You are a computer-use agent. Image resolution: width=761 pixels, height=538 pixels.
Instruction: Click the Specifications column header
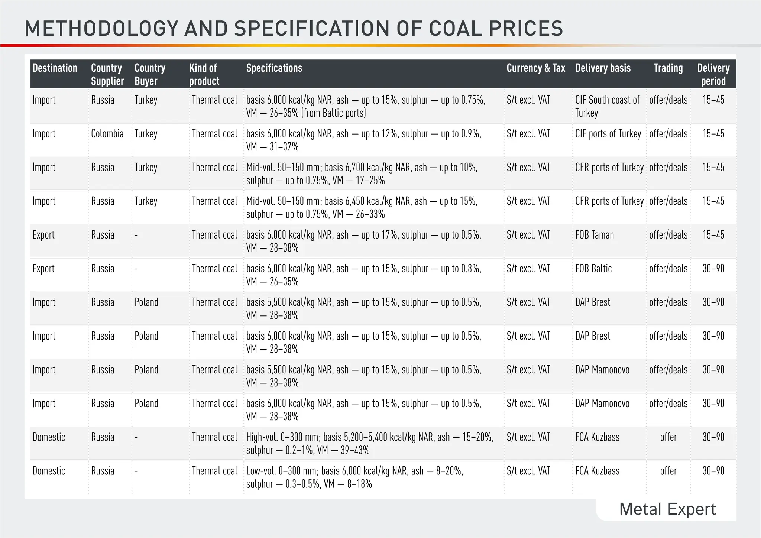pyautogui.click(x=274, y=68)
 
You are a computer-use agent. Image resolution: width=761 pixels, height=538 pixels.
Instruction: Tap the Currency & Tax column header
pyautogui.click(x=535, y=68)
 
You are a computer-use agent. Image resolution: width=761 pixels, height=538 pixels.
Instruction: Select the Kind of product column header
pyautogui.click(x=204, y=74)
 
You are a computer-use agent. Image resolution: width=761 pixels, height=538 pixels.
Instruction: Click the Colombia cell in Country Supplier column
pyautogui.click(x=107, y=134)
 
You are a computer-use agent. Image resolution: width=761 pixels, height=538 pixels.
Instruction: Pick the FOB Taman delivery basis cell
pyautogui.click(x=595, y=235)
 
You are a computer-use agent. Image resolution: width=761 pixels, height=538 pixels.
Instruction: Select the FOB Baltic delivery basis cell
pyautogui.click(x=593, y=269)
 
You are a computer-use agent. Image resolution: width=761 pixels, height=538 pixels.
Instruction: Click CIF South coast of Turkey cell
pyautogui.click(x=607, y=106)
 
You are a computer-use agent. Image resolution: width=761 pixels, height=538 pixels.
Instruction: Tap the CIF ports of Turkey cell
pyautogui.click(x=608, y=134)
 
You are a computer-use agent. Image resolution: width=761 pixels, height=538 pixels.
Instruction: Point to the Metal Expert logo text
pyautogui.click(x=667, y=509)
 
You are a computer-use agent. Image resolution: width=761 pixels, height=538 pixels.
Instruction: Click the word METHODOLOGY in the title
pyautogui.click(x=100, y=29)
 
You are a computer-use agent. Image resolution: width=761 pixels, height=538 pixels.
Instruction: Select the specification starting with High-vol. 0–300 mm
pyautogui.click(x=370, y=444)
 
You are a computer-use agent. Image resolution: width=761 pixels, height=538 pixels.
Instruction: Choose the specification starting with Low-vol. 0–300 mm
pyautogui.click(x=354, y=477)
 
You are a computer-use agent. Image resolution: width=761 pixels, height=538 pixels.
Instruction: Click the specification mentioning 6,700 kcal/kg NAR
pyautogui.click(x=362, y=174)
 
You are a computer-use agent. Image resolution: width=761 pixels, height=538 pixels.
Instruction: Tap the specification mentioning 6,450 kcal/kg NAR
pyautogui.click(x=362, y=208)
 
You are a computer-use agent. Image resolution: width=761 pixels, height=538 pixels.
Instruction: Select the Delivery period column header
pyautogui.click(x=713, y=74)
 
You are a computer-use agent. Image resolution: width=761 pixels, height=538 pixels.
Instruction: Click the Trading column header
pyautogui.click(x=668, y=68)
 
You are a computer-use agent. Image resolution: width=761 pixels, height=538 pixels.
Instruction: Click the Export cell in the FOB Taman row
pyautogui.click(x=43, y=235)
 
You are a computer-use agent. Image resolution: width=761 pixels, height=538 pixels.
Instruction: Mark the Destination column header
pyautogui.click(x=55, y=68)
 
